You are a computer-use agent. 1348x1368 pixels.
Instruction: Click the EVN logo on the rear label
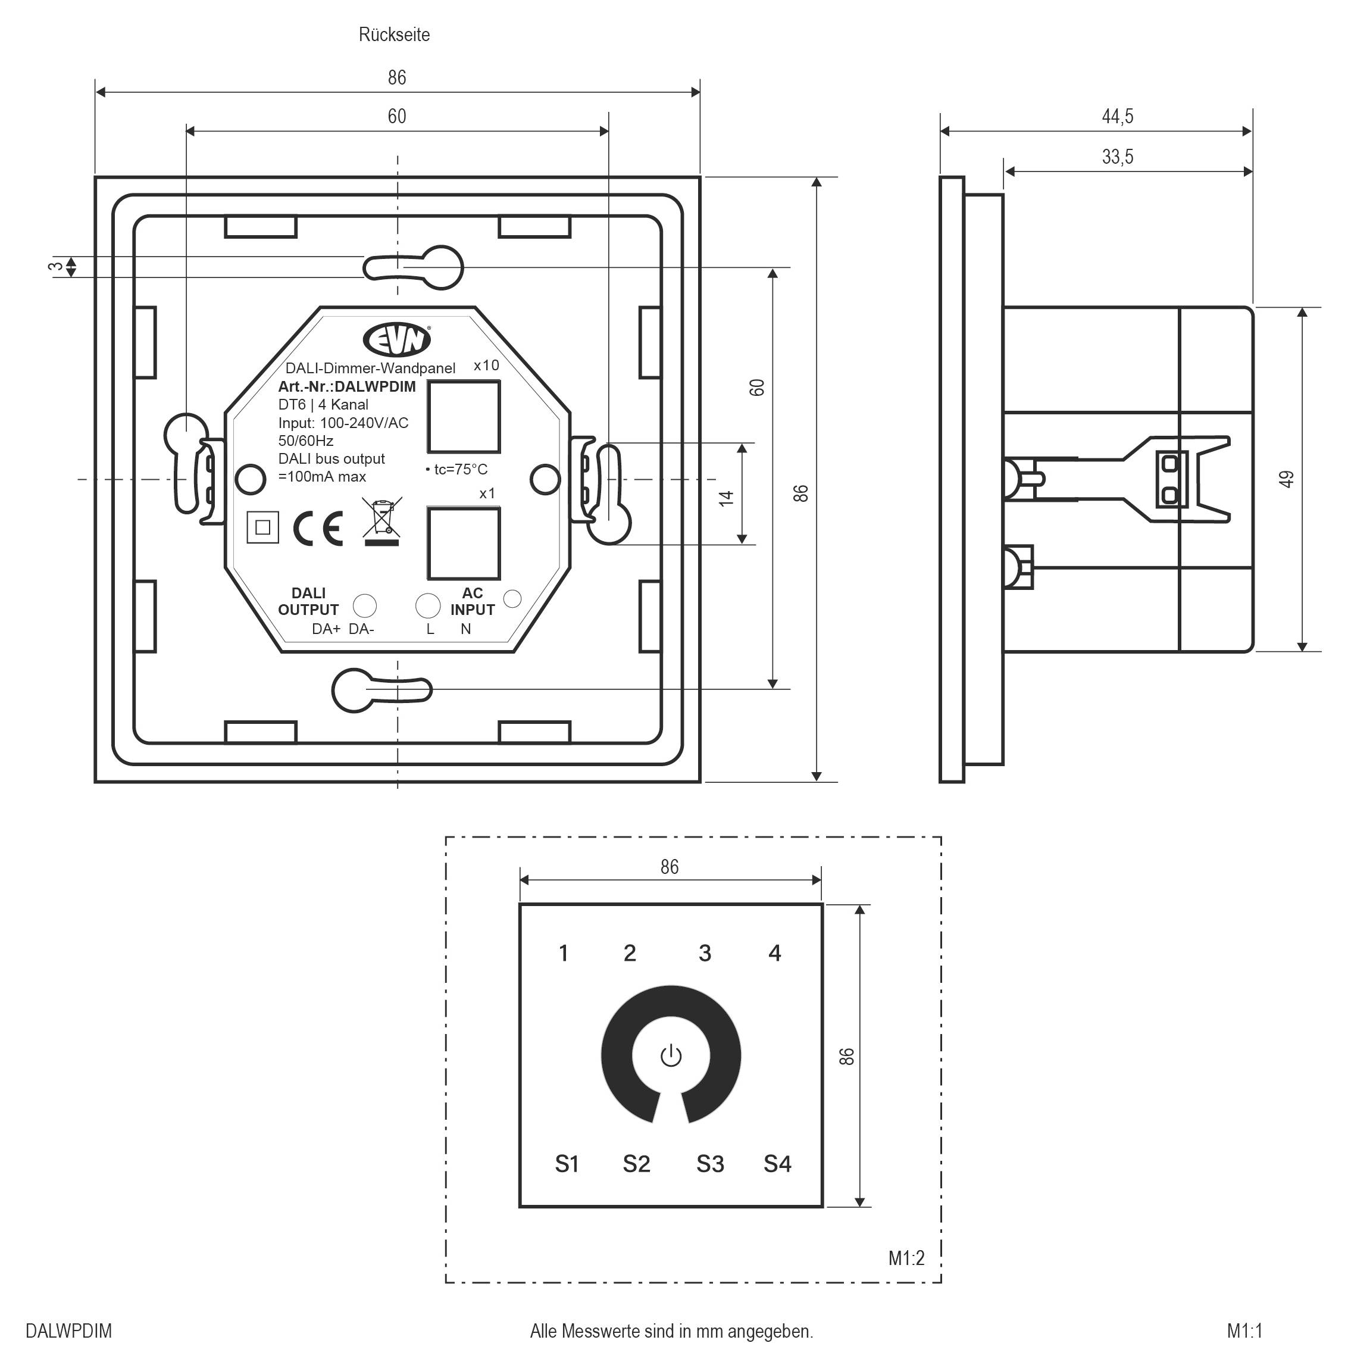396,340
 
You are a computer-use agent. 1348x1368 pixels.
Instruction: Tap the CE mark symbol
318,528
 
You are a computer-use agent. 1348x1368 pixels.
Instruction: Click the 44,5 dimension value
1117,116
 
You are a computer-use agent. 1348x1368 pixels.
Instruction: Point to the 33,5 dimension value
1117,157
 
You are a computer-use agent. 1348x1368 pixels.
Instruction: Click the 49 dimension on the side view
1287,479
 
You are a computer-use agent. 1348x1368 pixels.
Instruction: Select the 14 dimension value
725,498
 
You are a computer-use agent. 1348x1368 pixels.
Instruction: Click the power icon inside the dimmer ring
671,1057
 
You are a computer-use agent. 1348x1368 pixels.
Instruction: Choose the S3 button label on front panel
709,1163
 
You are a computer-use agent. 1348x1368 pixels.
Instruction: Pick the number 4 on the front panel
774,953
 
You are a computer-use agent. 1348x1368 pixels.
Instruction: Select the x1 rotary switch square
464,543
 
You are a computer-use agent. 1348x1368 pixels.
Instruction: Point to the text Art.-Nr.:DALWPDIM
347,386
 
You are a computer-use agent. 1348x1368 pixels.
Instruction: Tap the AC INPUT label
472,601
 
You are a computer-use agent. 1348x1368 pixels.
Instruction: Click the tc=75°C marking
459,470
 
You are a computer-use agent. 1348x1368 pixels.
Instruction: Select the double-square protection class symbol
262,527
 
